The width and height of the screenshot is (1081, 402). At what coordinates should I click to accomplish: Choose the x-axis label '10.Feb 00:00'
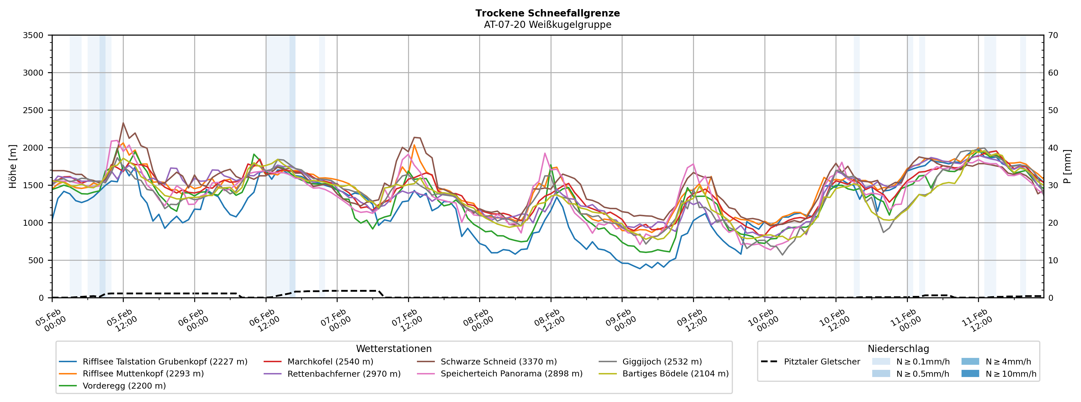[x=762, y=321]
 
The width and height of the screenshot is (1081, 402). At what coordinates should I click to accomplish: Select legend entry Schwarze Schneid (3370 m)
[x=499, y=362]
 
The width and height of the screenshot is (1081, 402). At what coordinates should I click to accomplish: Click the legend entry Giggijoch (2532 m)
[x=662, y=362]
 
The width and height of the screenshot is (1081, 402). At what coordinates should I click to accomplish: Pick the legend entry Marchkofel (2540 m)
[x=330, y=362]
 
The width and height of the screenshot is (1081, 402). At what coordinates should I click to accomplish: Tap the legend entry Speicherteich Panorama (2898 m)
[x=511, y=374]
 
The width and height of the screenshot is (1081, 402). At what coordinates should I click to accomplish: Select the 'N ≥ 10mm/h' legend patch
[x=970, y=374]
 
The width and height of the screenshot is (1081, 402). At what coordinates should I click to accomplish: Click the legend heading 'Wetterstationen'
[x=394, y=349]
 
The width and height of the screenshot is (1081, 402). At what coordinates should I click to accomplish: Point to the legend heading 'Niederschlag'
[x=898, y=349]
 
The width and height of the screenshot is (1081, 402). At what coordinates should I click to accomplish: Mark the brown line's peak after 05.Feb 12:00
[x=123, y=123]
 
